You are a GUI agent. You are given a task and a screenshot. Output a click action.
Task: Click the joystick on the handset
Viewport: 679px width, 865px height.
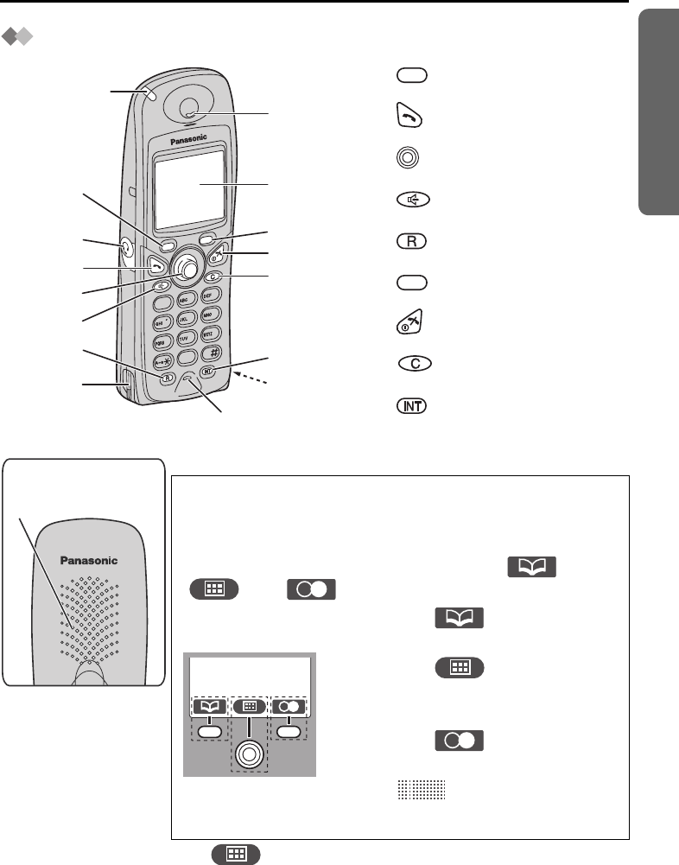coord(185,267)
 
